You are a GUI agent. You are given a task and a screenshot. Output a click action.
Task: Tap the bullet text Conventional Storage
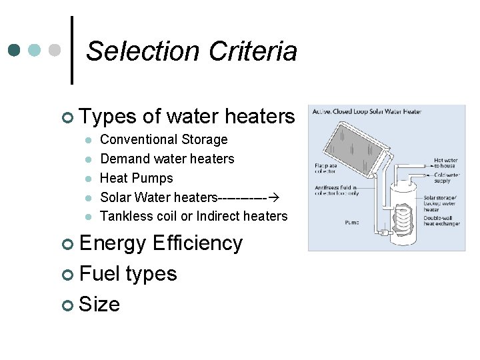163,139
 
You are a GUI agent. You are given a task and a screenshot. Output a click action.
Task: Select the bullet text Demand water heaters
167,159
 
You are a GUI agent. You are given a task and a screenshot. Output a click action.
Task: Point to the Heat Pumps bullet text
136,178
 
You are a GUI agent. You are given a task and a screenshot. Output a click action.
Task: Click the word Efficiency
197,243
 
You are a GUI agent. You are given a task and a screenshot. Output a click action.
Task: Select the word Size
99,305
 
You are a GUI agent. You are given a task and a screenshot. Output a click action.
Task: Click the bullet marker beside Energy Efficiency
67,244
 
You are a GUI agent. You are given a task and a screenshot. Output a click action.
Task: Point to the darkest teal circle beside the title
15,51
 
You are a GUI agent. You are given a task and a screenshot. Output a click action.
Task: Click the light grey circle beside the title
56,51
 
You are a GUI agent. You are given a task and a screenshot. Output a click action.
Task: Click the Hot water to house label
445,163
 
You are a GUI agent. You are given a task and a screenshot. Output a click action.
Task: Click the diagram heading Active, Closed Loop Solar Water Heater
367,111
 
